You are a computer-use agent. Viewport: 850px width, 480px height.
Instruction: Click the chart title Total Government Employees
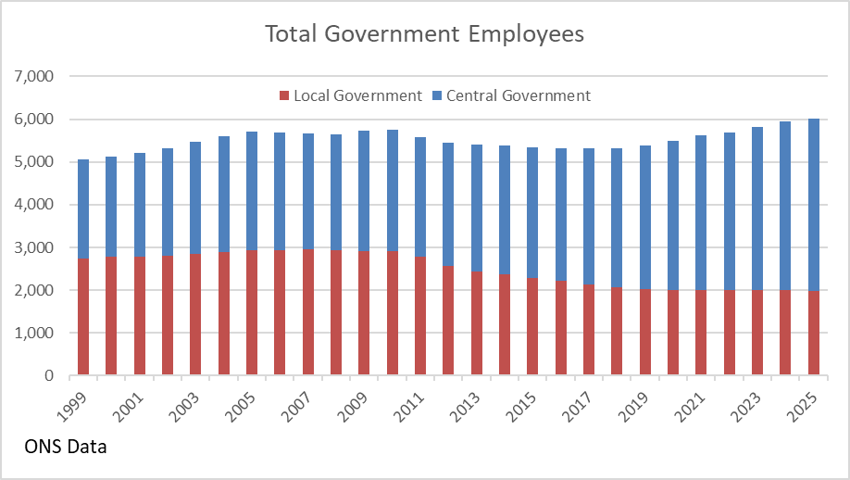(424, 33)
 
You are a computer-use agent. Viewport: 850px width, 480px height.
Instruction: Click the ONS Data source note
(66, 448)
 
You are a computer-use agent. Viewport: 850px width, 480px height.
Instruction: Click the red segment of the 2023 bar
(757, 333)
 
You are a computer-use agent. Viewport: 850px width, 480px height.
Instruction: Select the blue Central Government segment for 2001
(140, 205)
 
